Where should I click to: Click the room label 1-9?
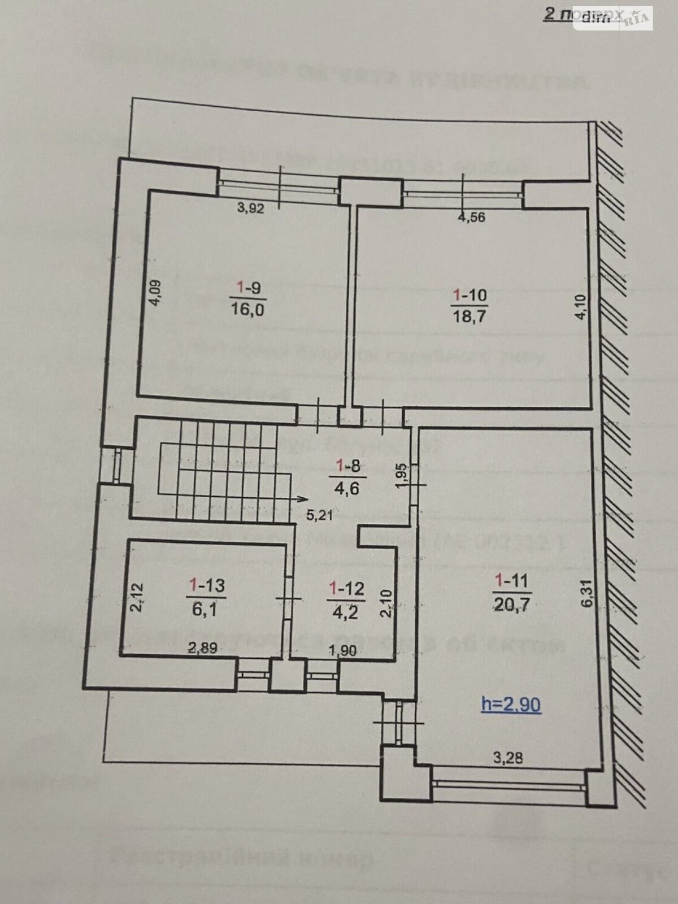tap(247, 288)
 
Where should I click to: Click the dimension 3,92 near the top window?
tap(251, 207)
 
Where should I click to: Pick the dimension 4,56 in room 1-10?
tap(472, 217)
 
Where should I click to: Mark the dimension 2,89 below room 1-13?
tap(203, 648)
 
